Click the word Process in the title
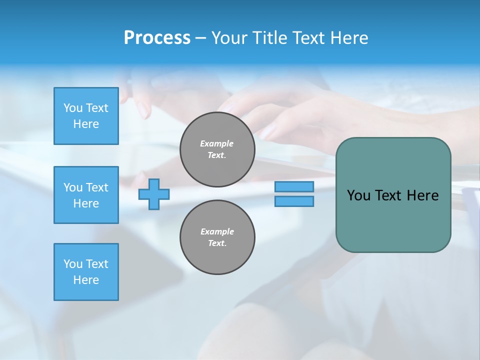[157, 38]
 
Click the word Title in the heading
[270, 38]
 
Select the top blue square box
[86, 116]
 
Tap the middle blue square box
[86, 195]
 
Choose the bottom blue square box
[86, 272]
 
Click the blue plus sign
[154, 194]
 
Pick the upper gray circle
[217, 149]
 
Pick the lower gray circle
[217, 237]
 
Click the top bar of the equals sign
[294, 187]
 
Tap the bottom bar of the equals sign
[294, 201]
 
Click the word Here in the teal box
[422, 195]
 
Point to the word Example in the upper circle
[217, 143]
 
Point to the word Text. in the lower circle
[217, 243]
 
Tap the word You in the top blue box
[73, 108]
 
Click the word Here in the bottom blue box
[86, 280]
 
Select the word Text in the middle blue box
[97, 187]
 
